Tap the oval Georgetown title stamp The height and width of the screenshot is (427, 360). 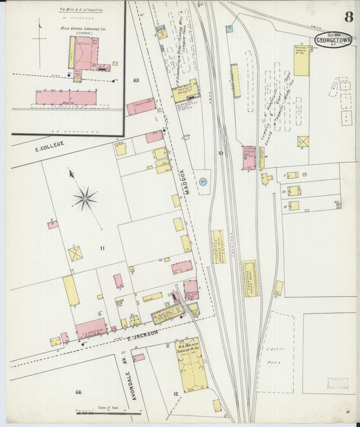(x=333, y=39)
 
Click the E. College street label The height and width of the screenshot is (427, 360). (x=51, y=144)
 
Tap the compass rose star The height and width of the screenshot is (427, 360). (x=85, y=197)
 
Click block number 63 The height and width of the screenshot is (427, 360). (x=136, y=80)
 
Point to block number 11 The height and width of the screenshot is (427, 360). (x=103, y=249)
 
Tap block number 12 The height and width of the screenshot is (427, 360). (x=176, y=393)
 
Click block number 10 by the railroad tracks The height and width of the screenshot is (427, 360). (x=220, y=153)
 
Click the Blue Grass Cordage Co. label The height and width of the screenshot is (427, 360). (x=74, y=29)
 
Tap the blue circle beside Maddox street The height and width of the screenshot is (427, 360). (x=203, y=181)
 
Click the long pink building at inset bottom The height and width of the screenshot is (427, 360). (x=66, y=97)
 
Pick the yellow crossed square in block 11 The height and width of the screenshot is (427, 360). (x=75, y=253)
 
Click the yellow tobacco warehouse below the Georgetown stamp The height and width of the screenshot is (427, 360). (x=301, y=61)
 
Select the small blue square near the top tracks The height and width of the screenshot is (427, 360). (x=229, y=29)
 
